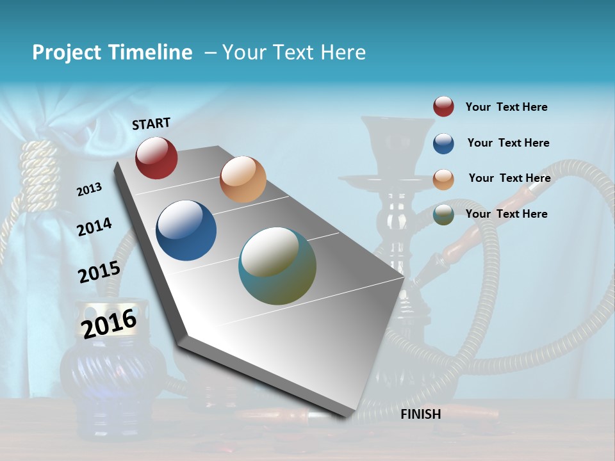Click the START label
(x=151, y=123)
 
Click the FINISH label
(x=421, y=414)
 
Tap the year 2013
(x=89, y=189)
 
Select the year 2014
(x=94, y=227)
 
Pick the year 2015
(x=99, y=272)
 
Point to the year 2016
(x=109, y=323)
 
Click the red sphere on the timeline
(x=156, y=158)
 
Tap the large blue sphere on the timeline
(x=186, y=230)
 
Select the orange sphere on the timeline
(x=243, y=179)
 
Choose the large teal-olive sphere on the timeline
(x=277, y=266)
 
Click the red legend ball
(x=443, y=107)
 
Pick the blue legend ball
(x=443, y=143)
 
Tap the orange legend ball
(x=443, y=179)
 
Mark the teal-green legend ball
(x=443, y=215)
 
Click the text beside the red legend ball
(x=507, y=107)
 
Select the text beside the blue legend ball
(x=509, y=143)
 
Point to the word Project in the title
(x=67, y=53)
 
